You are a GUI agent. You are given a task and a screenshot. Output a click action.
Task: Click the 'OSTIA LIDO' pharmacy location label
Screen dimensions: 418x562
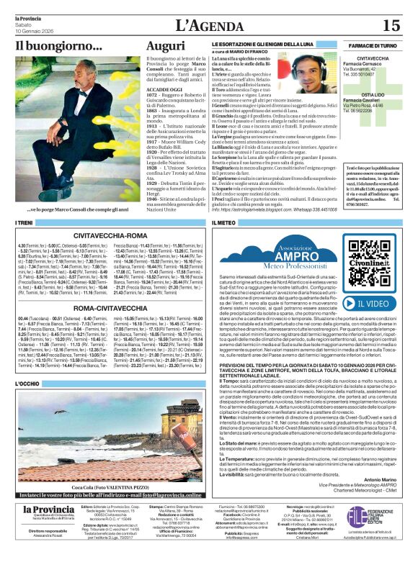click(372, 94)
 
